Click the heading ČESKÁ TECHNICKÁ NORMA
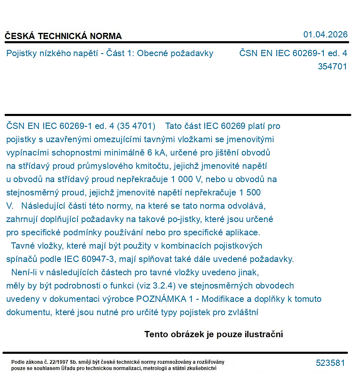point(63,36)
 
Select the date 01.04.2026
point(325,35)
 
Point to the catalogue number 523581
point(330,363)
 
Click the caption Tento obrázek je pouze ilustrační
point(214,334)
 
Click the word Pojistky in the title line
point(21,53)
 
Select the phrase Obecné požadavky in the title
point(175,53)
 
